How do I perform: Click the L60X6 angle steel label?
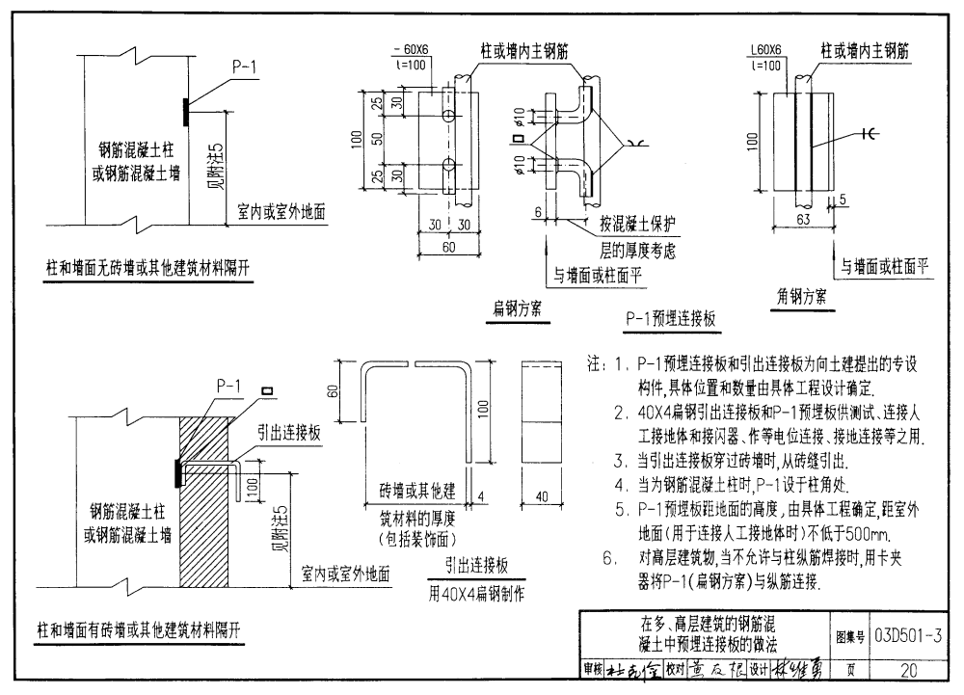pos(764,50)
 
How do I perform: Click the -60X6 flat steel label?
pos(414,50)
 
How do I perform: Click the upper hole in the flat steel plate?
pos(449,116)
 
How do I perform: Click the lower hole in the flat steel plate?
pos(449,162)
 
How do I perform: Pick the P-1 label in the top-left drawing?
pos(245,67)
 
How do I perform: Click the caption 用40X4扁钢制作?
pos(477,594)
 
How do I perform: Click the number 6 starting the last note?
pos(608,556)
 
